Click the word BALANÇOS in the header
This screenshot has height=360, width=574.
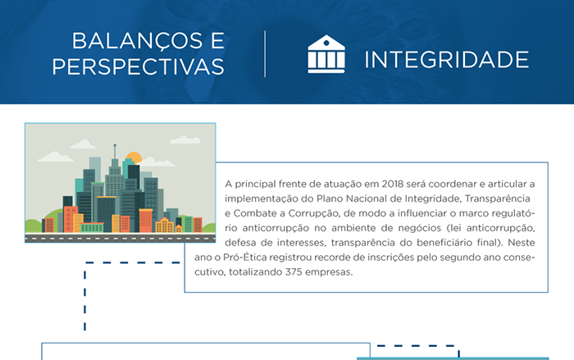coord(137,41)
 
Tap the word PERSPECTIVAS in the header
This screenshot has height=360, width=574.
coord(138,66)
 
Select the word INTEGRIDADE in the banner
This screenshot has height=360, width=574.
coord(447,59)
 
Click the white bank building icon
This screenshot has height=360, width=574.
coord(326,54)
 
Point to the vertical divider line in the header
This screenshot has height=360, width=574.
coord(265,54)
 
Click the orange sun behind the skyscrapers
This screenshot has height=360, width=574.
coord(134,157)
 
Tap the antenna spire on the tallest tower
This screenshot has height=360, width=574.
coord(115,151)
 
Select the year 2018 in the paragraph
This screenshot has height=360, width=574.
coord(393,184)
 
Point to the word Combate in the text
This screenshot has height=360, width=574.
coord(255,213)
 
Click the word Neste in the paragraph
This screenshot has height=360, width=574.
coord(522,243)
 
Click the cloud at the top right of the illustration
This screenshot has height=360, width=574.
coord(185,139)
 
